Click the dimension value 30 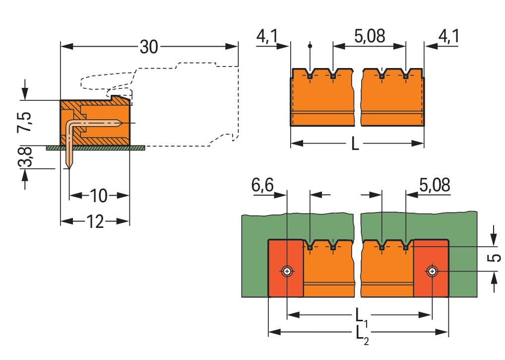pos(148,47)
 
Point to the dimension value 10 pos(99,196)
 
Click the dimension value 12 pos(94,221)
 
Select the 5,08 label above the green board pos(434,185)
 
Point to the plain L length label pos(355,144)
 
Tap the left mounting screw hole pos(287,271)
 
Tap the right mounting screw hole pos(433,271)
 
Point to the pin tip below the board pos(69,165)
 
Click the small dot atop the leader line pos(310,46)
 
